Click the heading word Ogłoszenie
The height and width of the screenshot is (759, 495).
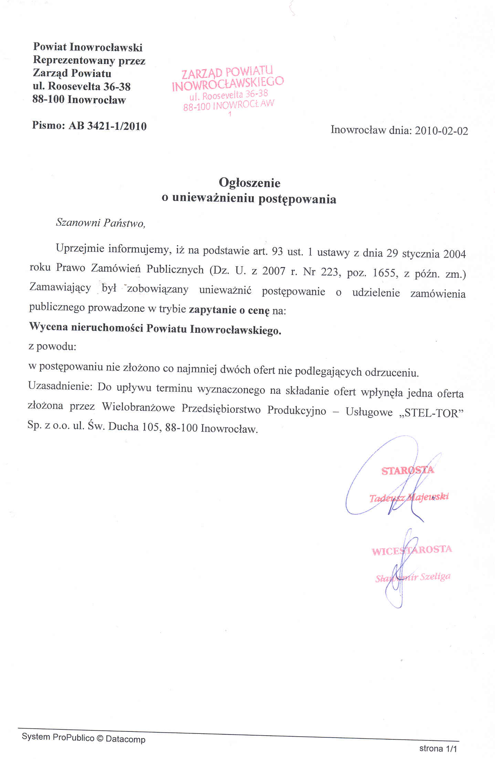point(250,183)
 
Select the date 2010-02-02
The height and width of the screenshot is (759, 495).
point(441,131)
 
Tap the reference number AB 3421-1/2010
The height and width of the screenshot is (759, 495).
point(108,126)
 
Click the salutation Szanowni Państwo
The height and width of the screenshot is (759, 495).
point(100,223)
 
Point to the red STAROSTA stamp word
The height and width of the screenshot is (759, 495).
point(408,471)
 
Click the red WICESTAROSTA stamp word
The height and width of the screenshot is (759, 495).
point(412,550)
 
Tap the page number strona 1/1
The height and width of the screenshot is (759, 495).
point(438,749)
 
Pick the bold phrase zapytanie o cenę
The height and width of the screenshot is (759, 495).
point(229,310)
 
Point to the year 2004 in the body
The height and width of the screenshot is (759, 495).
point(454,254)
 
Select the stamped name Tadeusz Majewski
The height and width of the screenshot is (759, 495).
point(409,497)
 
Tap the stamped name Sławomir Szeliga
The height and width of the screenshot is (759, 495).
point(413,577)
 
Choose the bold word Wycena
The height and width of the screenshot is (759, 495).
point(49,326)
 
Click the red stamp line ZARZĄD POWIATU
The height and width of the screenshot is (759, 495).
point(227,72)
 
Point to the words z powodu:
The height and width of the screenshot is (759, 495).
point(52,346)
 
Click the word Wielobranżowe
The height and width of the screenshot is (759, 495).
point(138,408)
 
